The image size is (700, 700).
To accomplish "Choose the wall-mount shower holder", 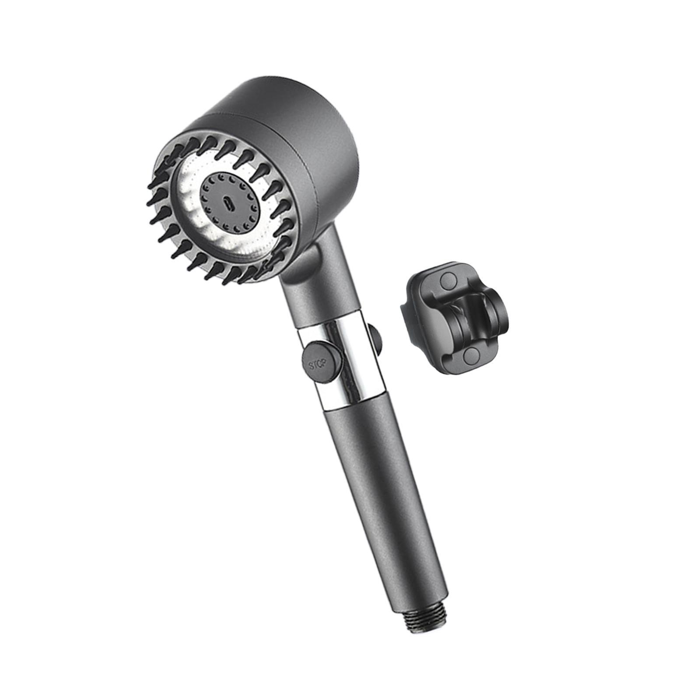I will pyautogui.click(x=455, y=315).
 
